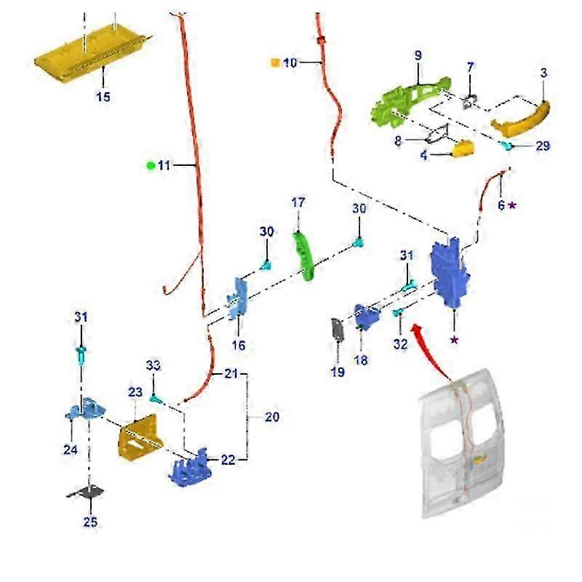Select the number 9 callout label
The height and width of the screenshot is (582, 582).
click(418, 56)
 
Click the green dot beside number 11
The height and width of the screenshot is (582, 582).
click(151, 166)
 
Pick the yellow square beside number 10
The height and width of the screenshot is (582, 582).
click(275, 63)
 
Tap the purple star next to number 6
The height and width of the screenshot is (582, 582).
click(513, 206)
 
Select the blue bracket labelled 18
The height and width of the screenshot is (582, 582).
click(367, 317)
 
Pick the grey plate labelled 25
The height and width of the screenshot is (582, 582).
click(87, 493)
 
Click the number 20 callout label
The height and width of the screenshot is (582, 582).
click(271, 418)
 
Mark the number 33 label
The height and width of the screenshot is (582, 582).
click(153, 365)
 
